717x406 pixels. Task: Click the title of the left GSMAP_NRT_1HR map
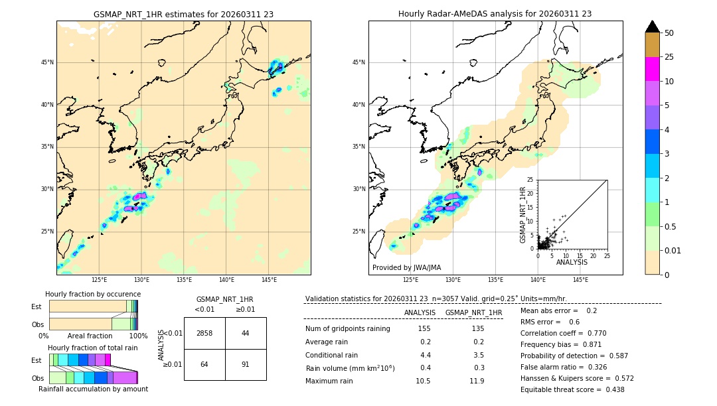pos(183,14)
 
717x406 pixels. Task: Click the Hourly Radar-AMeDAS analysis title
pos(495,14)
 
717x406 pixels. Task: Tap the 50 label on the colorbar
pos(669,33)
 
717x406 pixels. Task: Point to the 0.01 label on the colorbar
pos(673,250)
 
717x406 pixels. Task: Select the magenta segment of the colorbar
pos(652,69)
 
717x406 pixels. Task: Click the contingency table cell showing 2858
pos(204,333)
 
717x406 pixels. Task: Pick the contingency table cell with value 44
pos(246,333)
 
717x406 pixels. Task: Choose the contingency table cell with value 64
pos(204,364)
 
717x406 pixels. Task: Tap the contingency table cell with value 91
pos(246,364)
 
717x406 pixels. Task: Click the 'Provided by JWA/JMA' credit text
pos(406,267)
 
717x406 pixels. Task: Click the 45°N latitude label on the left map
pos(47,62)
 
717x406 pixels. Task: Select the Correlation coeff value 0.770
pos(593,333)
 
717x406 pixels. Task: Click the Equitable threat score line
pos(572,389)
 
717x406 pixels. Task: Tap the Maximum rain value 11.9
pos(477,381)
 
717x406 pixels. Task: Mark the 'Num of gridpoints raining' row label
pos(347,329)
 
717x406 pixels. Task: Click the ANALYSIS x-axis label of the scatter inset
pos(572,262)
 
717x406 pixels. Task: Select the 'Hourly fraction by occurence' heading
pos(93,294)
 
